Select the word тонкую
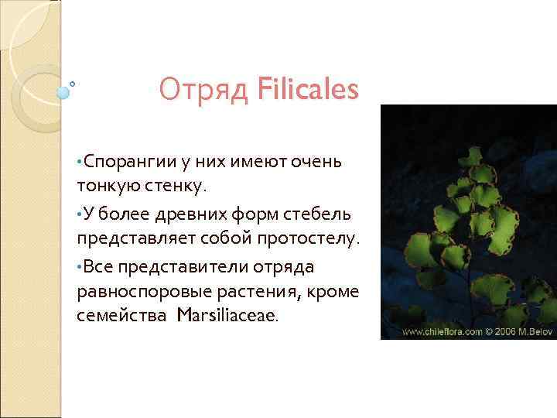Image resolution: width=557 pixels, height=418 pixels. click(107, 186)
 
